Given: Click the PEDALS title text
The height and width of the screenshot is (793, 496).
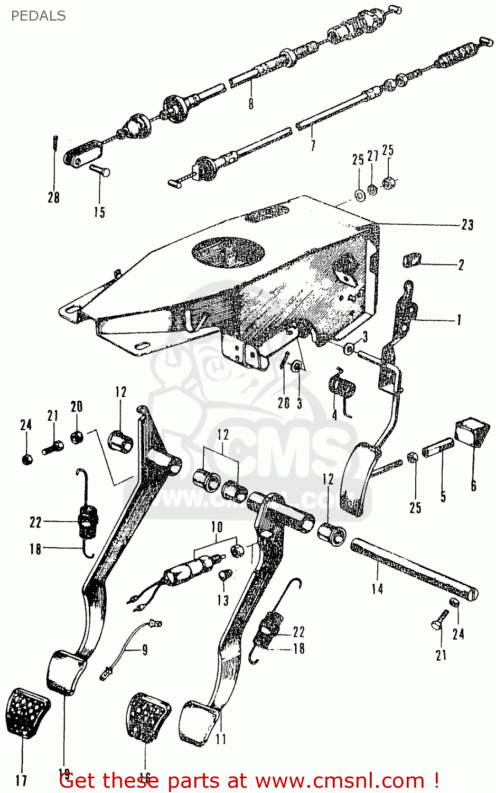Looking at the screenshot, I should point(38,16).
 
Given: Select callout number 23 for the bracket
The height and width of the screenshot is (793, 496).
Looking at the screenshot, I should point(467,225).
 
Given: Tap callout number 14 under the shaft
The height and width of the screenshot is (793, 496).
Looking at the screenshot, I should point(377,588).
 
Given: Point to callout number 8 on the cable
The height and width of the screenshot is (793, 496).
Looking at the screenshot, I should point(251,103).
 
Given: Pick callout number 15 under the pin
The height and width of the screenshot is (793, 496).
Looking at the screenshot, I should point(99,212).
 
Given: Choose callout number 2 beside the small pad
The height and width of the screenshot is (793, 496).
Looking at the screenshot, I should point(461,265).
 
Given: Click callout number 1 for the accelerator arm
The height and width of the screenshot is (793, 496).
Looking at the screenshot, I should point(458,320).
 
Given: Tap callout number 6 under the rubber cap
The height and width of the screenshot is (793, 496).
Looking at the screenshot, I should point(473,485).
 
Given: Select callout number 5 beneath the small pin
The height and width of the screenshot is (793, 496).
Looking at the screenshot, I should point(443,496).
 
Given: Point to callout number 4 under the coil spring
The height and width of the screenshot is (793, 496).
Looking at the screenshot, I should point(334,416).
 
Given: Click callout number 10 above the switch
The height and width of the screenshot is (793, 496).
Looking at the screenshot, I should point(217,527).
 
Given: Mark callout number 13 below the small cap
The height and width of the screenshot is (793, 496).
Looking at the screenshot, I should point(223,600).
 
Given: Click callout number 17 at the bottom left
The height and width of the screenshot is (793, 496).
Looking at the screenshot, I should point(22,780).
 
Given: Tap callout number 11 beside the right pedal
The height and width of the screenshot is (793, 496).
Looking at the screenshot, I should point(221,739).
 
